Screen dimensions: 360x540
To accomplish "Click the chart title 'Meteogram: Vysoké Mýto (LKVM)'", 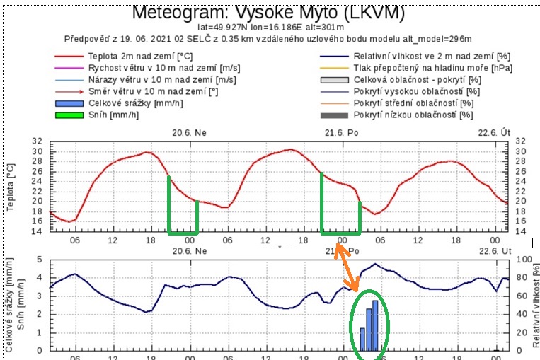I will [269, 13].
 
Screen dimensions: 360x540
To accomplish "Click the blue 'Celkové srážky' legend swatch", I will [69, 103].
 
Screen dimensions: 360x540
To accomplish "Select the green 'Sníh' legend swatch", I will [69, 115].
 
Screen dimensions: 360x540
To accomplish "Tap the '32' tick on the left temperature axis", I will [38, 141].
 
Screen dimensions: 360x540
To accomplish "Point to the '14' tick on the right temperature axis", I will [522, 231].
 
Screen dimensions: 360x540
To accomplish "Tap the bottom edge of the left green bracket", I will [183, 232].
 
